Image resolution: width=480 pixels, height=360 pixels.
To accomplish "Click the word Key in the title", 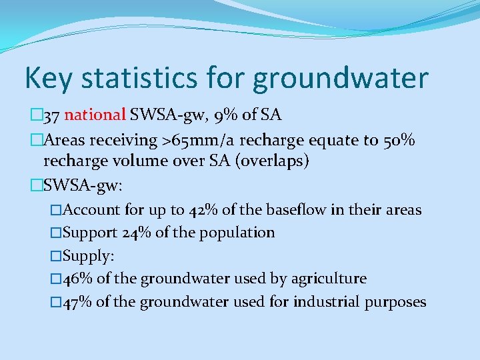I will [x=47, y=79].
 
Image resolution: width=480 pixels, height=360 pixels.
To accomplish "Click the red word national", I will [x=95, y=115].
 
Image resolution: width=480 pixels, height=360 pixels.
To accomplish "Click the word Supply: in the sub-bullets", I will [x=87, y=256].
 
